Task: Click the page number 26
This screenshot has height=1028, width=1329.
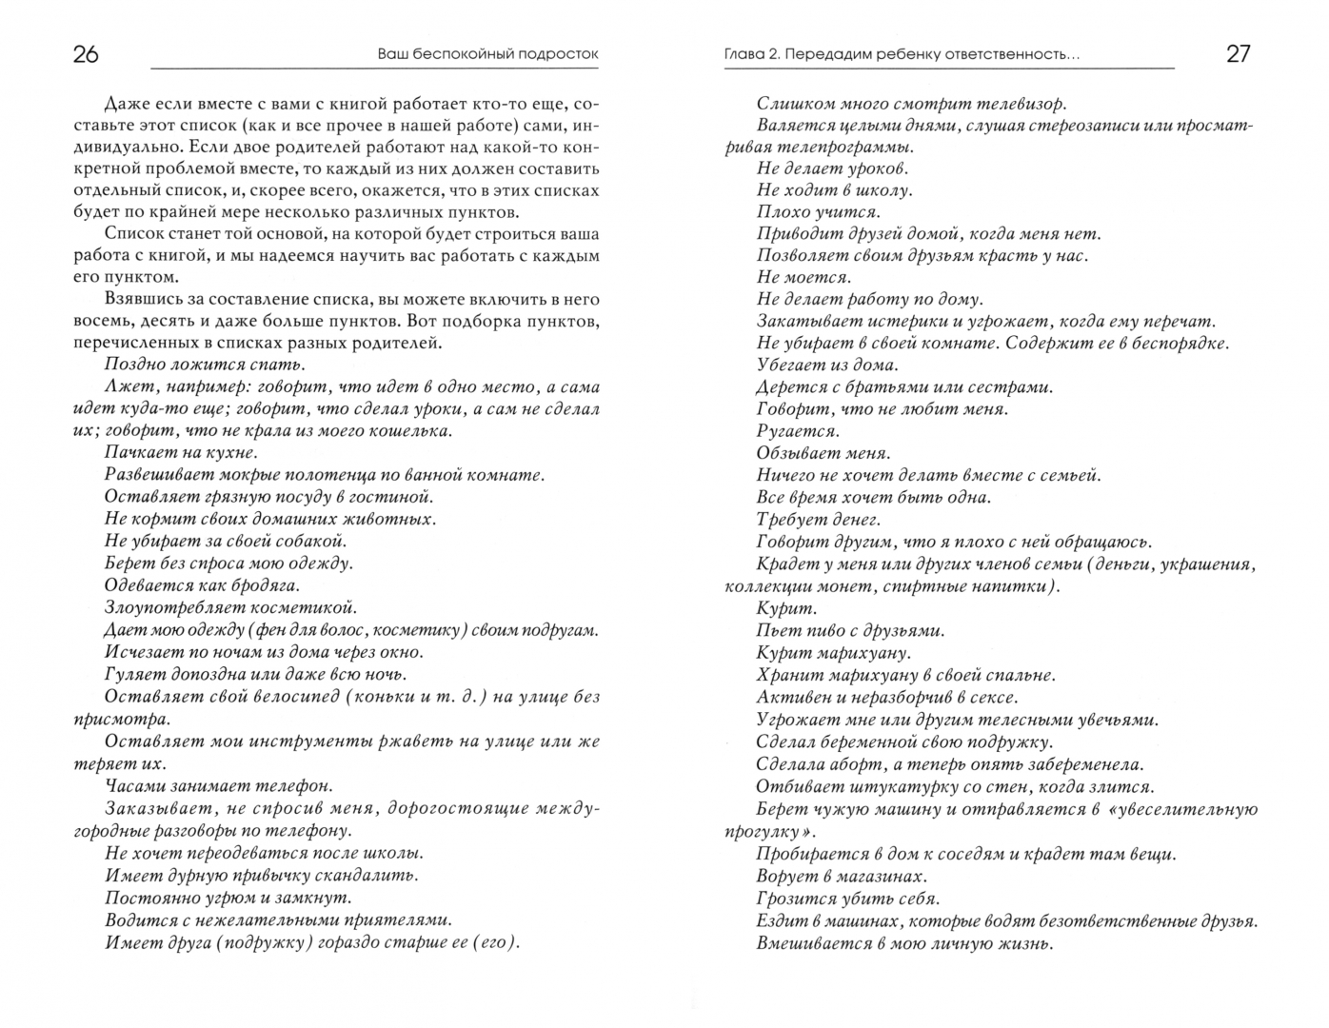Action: pos(86,54)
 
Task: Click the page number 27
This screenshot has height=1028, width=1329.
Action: pos(1238,54)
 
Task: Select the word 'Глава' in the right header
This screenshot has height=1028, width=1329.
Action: pos(745,54)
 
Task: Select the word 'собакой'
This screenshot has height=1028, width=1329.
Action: pos(307,542)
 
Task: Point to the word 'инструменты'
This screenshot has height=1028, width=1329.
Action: pos(268,741)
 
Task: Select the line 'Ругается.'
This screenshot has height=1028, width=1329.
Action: pos(797,431)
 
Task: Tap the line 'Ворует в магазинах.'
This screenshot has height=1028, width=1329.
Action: pos(841,877)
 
